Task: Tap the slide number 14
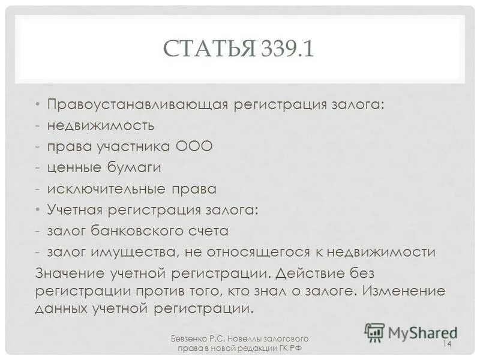tap(446, 343)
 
